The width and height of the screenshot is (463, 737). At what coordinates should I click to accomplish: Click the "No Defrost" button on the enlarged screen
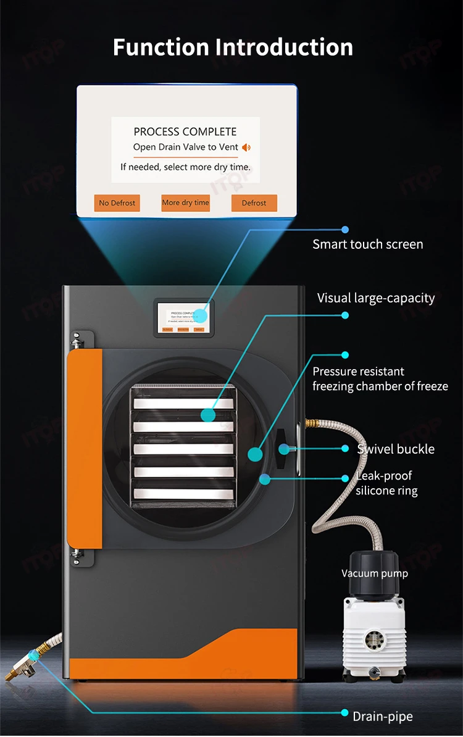click(x=117, y=203)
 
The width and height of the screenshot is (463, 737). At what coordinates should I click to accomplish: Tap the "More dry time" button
click(x=185, y=203)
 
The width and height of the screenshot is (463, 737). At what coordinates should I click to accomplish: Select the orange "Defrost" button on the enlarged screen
click(x=254, y=203)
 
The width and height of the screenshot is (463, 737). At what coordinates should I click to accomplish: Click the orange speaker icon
click(x=246, y=148)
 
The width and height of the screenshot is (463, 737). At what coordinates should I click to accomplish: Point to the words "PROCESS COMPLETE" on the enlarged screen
click(x=185, y=131)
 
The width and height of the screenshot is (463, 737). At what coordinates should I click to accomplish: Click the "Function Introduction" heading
click(x=233, y=47)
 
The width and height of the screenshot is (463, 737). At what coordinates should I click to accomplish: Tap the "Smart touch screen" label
click(x=367, y=244)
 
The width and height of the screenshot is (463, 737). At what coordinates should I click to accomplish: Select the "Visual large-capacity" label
click(x=375, y=298)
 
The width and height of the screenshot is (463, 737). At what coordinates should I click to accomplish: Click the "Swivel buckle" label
click(x=396, y=449)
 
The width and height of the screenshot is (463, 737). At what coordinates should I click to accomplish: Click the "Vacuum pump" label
click(x=374, y=573)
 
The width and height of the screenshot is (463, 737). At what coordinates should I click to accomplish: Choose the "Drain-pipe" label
click(x=382, y=717)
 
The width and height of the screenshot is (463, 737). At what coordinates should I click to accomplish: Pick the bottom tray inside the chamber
click(x=184, y=493)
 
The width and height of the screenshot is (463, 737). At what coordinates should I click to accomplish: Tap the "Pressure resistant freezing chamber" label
click(x=380, y=379)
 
